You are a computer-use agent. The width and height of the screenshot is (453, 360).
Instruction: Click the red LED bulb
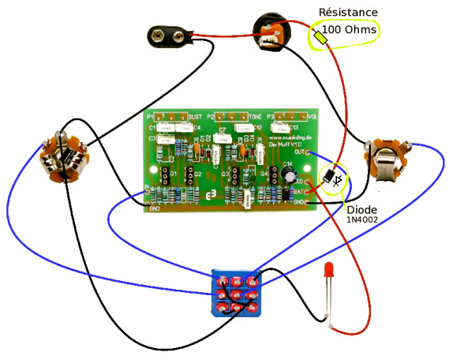[328, 269]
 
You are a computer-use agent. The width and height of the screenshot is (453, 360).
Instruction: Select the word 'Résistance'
[348, 12]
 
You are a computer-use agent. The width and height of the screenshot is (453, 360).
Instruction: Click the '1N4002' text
[362, 221]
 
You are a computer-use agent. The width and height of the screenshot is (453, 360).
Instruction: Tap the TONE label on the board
[255, 116]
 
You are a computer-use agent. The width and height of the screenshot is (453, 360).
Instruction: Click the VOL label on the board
[312, 115]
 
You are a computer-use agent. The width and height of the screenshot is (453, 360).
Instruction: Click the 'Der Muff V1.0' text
[286, 144]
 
